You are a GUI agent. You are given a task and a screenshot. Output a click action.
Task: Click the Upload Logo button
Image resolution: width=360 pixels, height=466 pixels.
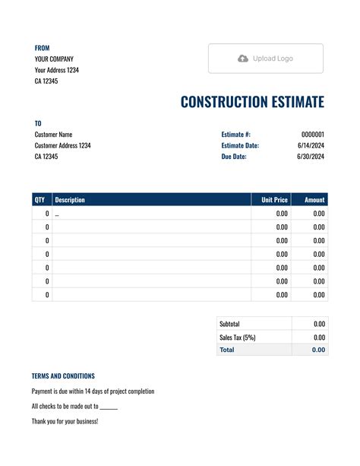click(x=265, y=59)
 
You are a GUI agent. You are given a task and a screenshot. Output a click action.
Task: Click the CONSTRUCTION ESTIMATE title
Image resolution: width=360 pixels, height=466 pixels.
click(x=252, y=102)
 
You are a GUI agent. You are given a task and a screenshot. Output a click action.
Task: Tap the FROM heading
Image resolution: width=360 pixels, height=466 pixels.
click(x=42, y=48)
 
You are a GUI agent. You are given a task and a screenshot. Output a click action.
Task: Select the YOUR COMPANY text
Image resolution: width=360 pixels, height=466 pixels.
click(x=54, y=59)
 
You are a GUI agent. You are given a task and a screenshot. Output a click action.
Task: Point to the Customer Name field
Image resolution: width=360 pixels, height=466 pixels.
click(x=54, y=135)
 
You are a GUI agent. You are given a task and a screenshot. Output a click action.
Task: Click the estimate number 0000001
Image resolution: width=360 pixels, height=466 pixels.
click(x=313, y=135)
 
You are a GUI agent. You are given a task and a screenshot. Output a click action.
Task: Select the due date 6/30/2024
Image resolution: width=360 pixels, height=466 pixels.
click(x=311, y=157)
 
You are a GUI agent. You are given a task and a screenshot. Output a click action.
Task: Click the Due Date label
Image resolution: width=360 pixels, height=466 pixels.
click(x=234, y=157)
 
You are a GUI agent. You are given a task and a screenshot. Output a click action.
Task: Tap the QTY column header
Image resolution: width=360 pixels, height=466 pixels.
click(x=39, y=200)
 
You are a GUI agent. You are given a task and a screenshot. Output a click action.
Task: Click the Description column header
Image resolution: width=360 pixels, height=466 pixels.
click(x=70, y=200)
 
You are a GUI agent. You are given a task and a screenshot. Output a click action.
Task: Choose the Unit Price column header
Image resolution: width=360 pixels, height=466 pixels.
click(x=274, y=200)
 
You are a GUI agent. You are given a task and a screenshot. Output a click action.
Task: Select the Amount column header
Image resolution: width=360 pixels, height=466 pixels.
click(x=314, y=200)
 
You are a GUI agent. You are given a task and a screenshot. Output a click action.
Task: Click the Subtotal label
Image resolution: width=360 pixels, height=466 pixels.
click(x=229, y=324)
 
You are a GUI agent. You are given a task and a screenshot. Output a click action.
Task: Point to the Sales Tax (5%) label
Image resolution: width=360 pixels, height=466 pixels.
click(x=238, y=337)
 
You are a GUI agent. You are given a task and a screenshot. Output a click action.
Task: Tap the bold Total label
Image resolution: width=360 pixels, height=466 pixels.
click(x=227, y=350)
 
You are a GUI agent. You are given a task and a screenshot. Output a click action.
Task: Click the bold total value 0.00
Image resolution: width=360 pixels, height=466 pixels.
click(x=318, y=350)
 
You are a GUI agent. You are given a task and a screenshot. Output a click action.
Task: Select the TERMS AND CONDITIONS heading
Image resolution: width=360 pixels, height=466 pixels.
click(x=63, y=376)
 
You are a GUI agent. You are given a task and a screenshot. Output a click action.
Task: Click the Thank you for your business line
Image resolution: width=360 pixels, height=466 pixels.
click(x=65, y=421)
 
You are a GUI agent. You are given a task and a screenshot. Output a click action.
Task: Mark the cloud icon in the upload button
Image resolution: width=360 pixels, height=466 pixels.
click(x=243, y=59)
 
